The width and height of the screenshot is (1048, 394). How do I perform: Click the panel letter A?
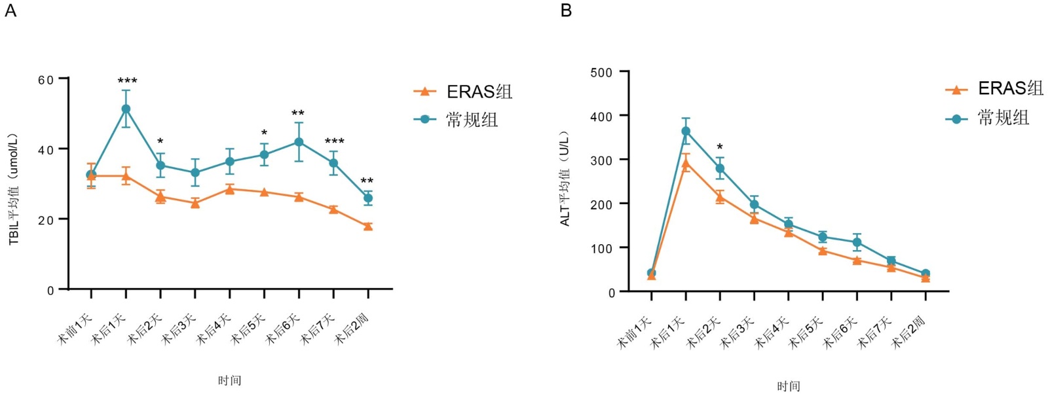click(x=10, y=10)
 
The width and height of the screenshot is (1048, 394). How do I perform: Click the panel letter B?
click(x=566, y=10)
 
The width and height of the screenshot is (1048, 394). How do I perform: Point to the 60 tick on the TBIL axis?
click(x=46, y=80)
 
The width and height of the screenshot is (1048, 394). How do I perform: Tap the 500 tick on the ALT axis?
click(x=601, y=72)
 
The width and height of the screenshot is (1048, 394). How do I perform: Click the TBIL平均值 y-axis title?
click(x=14, y=190)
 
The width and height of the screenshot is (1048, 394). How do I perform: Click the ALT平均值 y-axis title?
click(x=565, y=179)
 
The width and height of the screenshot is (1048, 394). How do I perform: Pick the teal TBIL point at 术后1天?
click(x=126, y=109)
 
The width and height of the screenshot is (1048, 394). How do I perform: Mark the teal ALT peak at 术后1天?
click(x=686, y=132)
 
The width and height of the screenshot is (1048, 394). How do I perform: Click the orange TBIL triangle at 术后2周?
click(x=368, y=226)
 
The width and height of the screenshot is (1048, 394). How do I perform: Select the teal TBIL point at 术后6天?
click(x=299, y=142)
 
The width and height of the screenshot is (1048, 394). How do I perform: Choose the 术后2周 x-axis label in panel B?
click(x=909, y=331)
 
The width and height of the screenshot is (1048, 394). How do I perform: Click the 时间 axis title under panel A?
click(x=229, y=380)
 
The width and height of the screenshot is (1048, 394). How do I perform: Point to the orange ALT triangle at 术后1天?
click(x=686, y=164)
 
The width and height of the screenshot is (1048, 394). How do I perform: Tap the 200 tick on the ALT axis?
click(x=601, y=204)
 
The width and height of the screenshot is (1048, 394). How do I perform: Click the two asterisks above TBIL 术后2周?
click(x=367, y=181)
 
